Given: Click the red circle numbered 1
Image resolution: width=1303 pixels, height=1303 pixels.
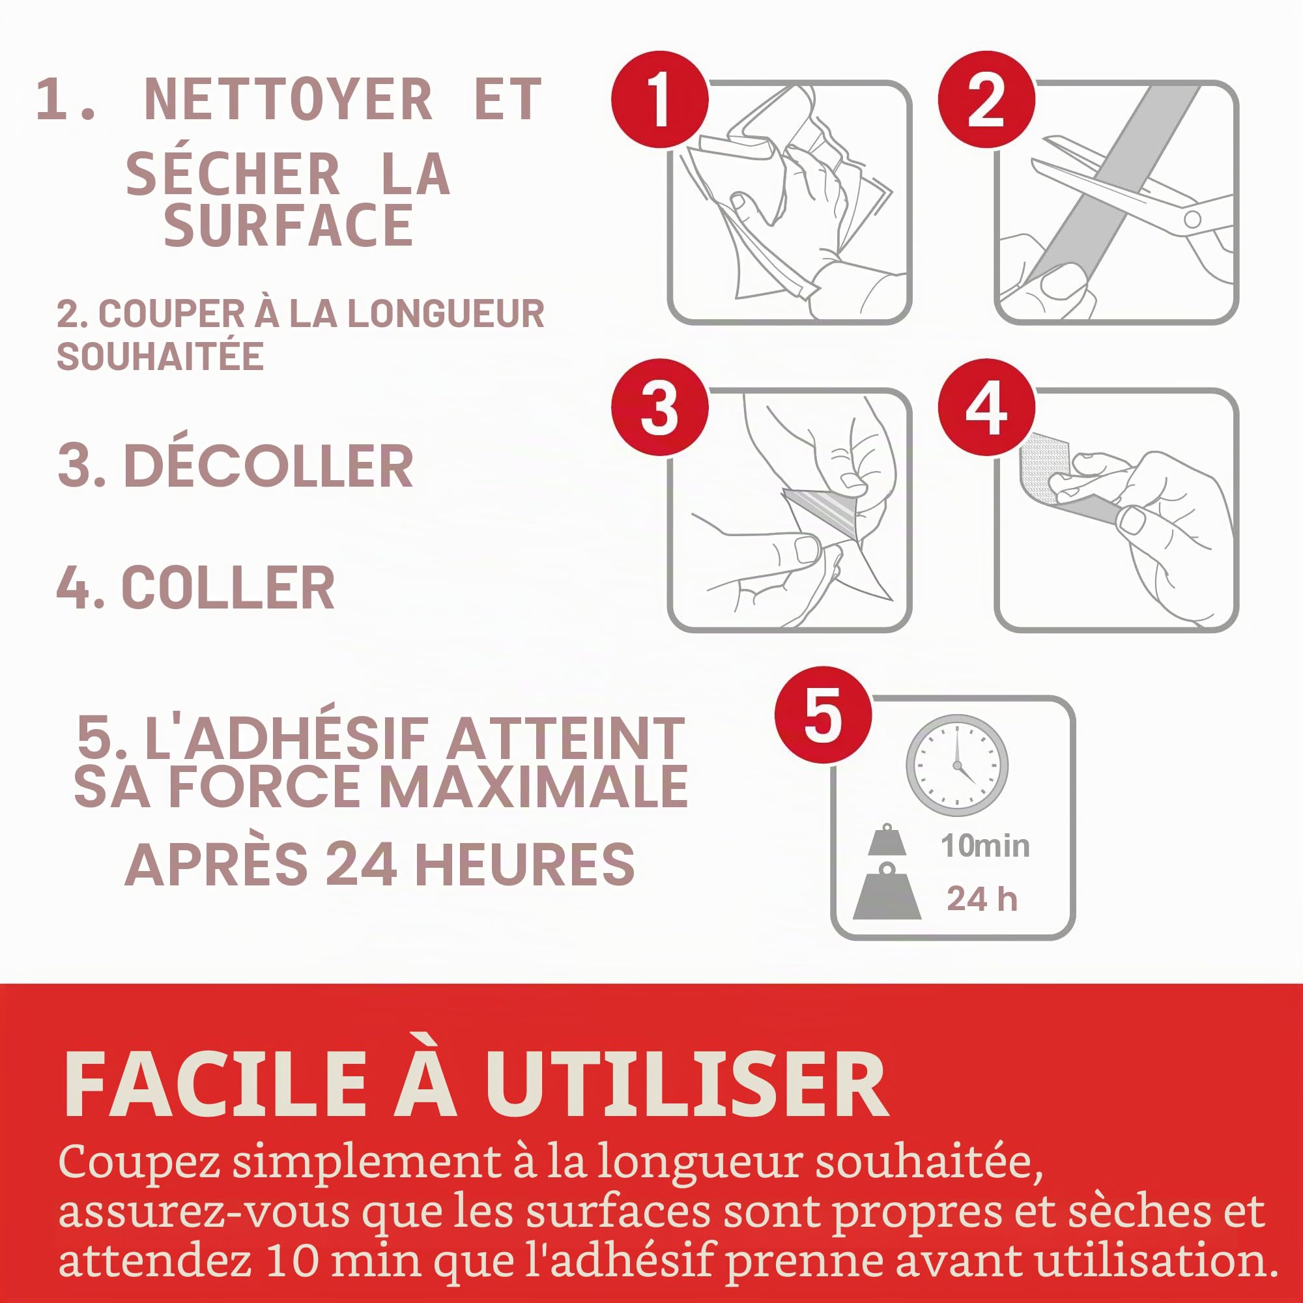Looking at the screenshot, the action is coord(659,99).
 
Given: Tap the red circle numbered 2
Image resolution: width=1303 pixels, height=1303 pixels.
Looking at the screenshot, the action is coord(986,99).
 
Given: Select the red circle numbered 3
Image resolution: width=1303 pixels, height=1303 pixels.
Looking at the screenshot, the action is coord(659,407).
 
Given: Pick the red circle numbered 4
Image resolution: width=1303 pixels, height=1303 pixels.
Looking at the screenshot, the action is coord(986,407).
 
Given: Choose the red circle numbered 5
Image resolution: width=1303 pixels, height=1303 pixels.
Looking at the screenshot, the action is coord(823,715).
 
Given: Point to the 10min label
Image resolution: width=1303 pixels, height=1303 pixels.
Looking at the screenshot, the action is coord(985,846).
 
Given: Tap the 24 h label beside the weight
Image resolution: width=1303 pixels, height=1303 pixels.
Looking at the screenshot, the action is coord(982,899).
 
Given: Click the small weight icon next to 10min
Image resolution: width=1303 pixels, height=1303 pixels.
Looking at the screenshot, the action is coord(887,839).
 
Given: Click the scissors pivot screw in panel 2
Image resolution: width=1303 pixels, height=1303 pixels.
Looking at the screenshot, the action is coord(1192,218).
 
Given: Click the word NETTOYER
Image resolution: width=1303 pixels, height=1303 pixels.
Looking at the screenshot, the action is coord(288,100).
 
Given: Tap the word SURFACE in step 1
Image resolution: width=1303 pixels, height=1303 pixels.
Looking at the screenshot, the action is coord(288,225).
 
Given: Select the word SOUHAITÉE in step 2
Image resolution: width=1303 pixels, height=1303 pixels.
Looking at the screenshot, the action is coord(160,356).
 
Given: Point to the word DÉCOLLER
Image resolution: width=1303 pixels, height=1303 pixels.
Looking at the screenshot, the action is coord(268,466).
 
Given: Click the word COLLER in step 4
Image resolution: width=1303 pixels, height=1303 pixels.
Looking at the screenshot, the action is coord(228,588).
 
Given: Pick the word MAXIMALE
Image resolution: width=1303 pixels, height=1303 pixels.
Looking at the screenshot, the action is coord(534,786).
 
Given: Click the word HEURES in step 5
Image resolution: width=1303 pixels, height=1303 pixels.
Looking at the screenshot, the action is coord(524,865).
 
